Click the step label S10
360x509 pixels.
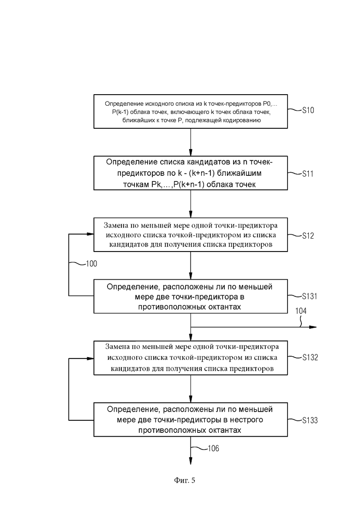tap(308, 110)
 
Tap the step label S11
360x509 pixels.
tap(308, 174)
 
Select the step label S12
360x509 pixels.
tap(308, 236)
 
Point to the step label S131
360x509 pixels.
tap(309, 296)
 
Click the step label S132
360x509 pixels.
tap(310, 357)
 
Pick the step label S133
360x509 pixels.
tap(310, 420)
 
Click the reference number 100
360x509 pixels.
tap(91, 263)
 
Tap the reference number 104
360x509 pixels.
tap(300, 311)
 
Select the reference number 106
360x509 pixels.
tap(213, 448)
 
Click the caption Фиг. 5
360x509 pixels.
tap(184, 480)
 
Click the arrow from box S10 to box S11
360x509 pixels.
tap(191, 142)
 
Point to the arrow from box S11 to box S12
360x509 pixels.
tap(191, 204)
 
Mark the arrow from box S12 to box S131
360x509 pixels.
tap(191, 265)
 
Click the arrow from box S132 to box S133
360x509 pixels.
tap(191, 389)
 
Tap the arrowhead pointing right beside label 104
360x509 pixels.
tap(313, 327)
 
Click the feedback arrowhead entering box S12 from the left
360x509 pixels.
tap(90, 234)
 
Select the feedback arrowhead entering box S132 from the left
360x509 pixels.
tap(90, 359)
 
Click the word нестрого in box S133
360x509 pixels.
tap(246, 420)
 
